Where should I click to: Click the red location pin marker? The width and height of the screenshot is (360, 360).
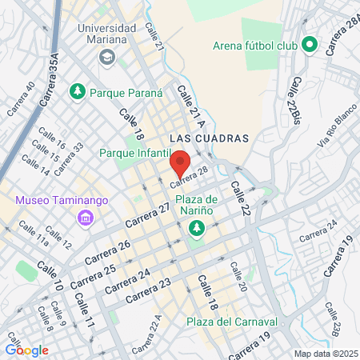coord(180,163)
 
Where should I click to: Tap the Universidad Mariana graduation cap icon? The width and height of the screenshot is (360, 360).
coord(106,58)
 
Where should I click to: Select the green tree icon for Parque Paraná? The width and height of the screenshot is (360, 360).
coord(78,92)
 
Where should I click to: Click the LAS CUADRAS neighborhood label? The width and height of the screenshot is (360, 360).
coord(210,138)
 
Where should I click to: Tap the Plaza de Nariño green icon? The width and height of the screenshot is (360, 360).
coord(196,230)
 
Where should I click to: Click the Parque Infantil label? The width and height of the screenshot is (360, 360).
coord(135,152)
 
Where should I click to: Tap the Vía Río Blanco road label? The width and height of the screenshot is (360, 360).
coord(336,130)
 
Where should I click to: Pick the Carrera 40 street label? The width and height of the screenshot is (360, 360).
coord(21,99)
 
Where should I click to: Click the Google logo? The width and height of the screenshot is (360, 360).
coord(26,350)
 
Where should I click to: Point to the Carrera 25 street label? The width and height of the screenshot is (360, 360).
coord(94,276)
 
